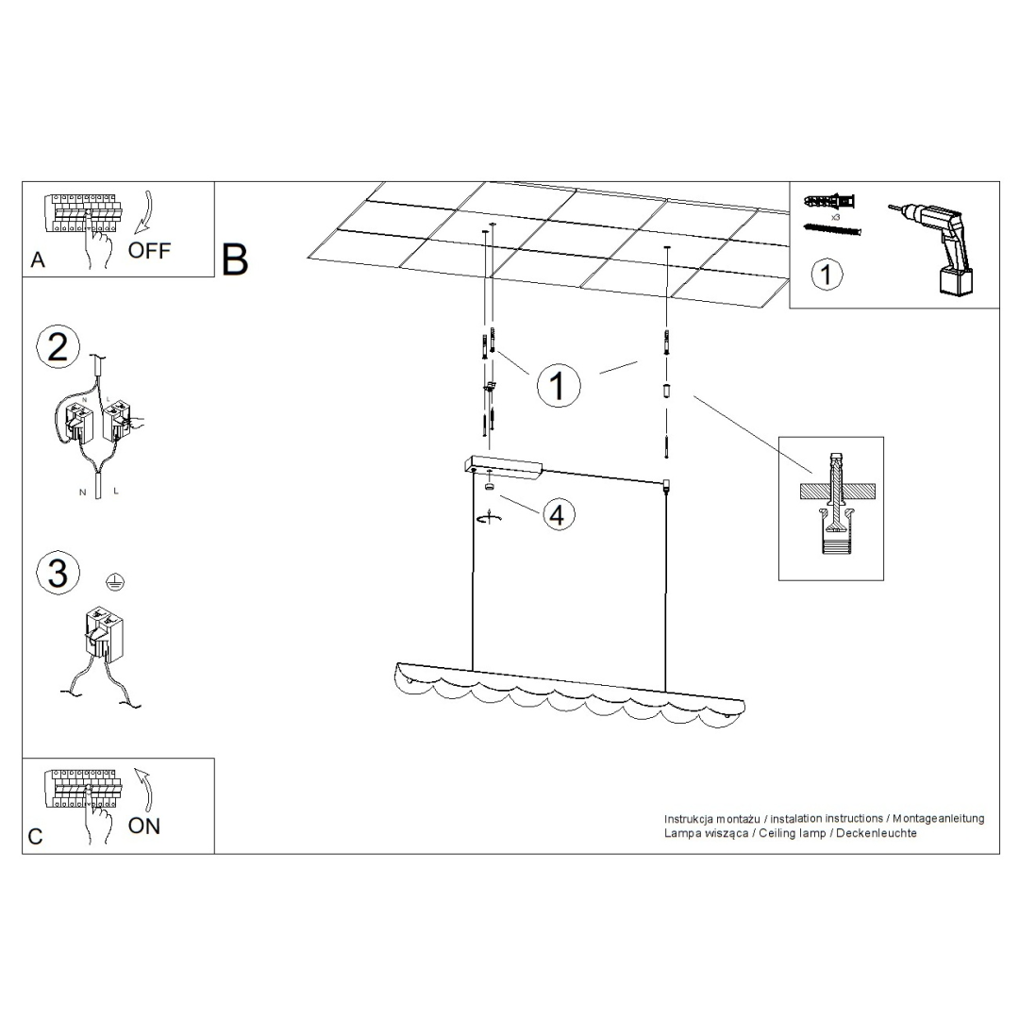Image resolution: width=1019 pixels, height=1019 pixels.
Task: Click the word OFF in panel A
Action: (x=149, y=251)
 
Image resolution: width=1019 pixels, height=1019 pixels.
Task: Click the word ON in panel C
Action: (x=144, y=826)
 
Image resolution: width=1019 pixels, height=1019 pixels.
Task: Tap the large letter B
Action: (x=235, y=260)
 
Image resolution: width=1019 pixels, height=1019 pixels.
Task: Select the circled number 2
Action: (x=58, y=347)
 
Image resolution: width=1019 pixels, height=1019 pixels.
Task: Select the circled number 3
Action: (x=58, y=573)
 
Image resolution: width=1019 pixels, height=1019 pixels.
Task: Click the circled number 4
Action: (x=557, y=515)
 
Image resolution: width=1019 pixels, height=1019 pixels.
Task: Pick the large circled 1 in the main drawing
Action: (x=558, y=385)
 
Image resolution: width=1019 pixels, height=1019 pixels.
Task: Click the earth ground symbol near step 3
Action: (x=114, y=582)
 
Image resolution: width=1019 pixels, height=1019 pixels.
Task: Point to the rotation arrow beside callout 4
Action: (x=489, y=518)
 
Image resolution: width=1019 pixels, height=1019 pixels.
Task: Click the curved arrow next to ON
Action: (x=143, y=787)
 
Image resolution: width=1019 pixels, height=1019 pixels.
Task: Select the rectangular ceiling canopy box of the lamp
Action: (x=503, y=465)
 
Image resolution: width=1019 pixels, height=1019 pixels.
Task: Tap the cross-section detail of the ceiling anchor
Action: (x=830, y=508)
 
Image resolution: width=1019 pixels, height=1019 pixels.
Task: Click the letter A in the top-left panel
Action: (x=38, y=260)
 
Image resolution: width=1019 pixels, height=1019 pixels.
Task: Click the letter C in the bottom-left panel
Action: (x=36, y=837)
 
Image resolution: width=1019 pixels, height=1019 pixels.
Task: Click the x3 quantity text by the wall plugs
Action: (x=835, y=217)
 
